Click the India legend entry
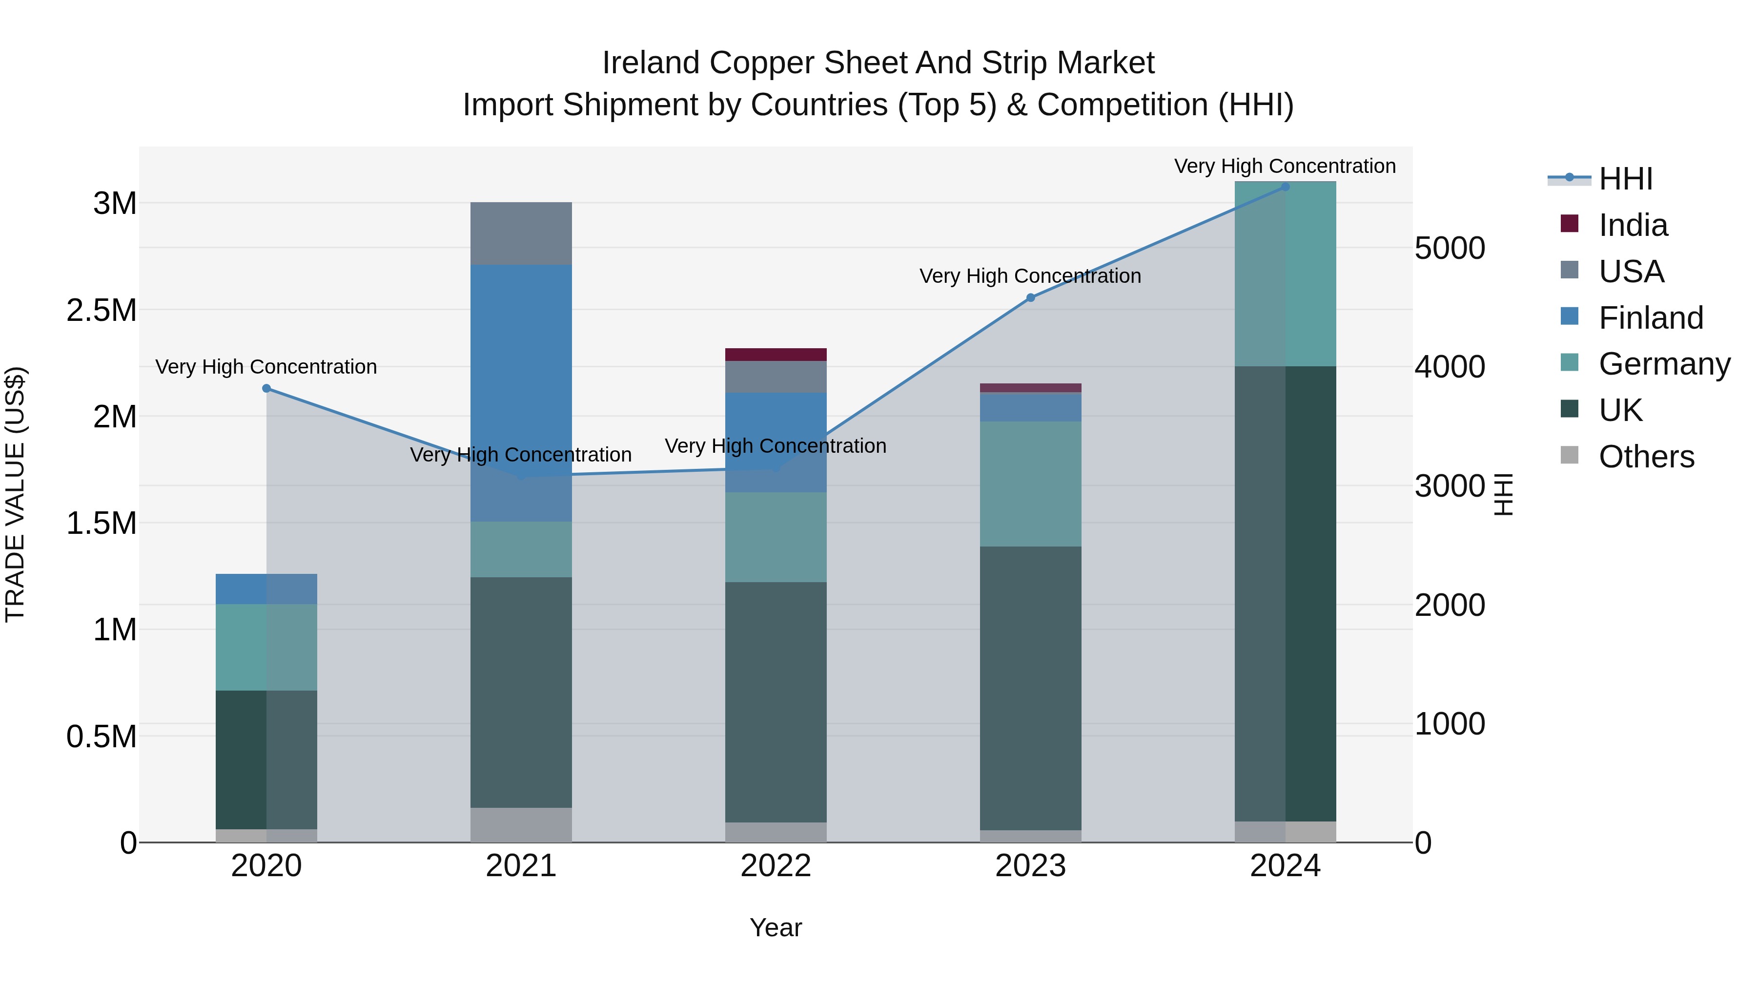1632,225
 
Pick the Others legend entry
1645,457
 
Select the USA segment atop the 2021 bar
521,233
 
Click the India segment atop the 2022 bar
776,354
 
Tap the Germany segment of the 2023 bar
1031,484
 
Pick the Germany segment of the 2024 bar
1285,274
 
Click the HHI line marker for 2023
1031,297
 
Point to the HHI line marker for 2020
266,388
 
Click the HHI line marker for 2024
1285,187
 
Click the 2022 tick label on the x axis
776,866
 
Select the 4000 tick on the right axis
1450,367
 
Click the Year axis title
776,927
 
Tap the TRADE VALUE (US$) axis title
15,494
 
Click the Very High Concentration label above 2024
1285,166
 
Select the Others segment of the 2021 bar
521,824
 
